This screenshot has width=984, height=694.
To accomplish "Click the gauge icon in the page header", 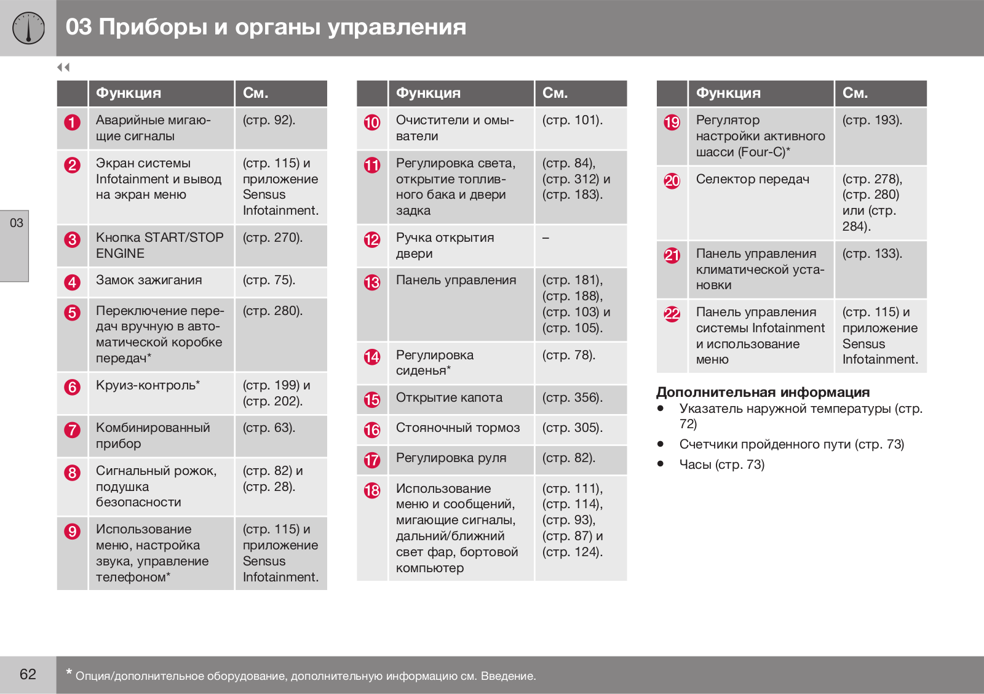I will (x=28, y=28).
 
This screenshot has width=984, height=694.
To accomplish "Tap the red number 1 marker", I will (x=72, y=122).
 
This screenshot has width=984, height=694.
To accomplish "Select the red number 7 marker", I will (x=72, y=430).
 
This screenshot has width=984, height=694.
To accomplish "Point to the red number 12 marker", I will (x=372, y=240).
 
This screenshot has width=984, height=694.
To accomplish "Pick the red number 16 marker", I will (x=372, y=430).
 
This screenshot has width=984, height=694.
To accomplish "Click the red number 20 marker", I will (x=672, y=181).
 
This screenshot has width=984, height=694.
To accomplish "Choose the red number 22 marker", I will (x=672, y=314).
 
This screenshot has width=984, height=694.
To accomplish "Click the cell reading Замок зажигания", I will (x=149, y=281).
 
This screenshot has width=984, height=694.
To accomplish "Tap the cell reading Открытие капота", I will (x=449, y=398).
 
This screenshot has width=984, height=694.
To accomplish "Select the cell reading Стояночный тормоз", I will (x=458, y=428).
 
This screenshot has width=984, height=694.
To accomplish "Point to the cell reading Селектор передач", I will (x=752, y=180).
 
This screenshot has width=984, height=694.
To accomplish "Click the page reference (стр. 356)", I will (x=572, y=398).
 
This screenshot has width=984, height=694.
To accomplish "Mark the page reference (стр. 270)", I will (x=272, y=238).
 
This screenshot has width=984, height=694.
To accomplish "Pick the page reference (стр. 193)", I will (x=872, y=121).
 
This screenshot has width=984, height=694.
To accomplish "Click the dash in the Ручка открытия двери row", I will (x=546, y=238).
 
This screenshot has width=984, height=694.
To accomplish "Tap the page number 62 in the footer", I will (x=28, y=674).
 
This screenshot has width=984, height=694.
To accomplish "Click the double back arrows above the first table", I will (x=63, y=67).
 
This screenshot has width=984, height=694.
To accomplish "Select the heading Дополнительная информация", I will (x=763, y=393).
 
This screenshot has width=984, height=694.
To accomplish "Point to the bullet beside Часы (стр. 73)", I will (x=661, y=464).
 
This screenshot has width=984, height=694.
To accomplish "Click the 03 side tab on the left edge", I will (x=16, y=223).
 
